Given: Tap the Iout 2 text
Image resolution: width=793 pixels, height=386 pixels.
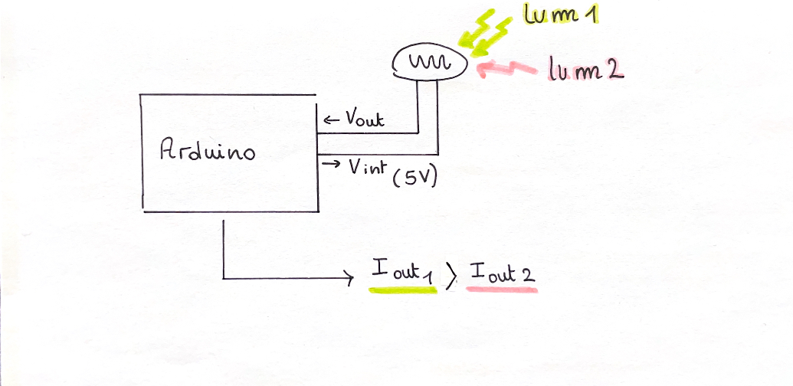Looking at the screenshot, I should pyautogui.click(x=502, y=273).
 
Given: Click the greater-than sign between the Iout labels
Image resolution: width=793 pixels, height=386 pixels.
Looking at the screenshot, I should pyautogui.click(x=451, y=273).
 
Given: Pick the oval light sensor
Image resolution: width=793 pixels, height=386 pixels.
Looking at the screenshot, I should pyautogui.click(x=430, y=62).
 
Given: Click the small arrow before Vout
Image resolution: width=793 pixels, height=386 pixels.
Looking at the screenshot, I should pyautogui.click(x=330, y=119).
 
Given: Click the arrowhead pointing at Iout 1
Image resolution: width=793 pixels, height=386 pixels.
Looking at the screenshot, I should pyautogui.click(x=349, y=278).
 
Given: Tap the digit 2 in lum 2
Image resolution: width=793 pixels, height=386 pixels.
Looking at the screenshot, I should pyautogui.click(x=614, y=71).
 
